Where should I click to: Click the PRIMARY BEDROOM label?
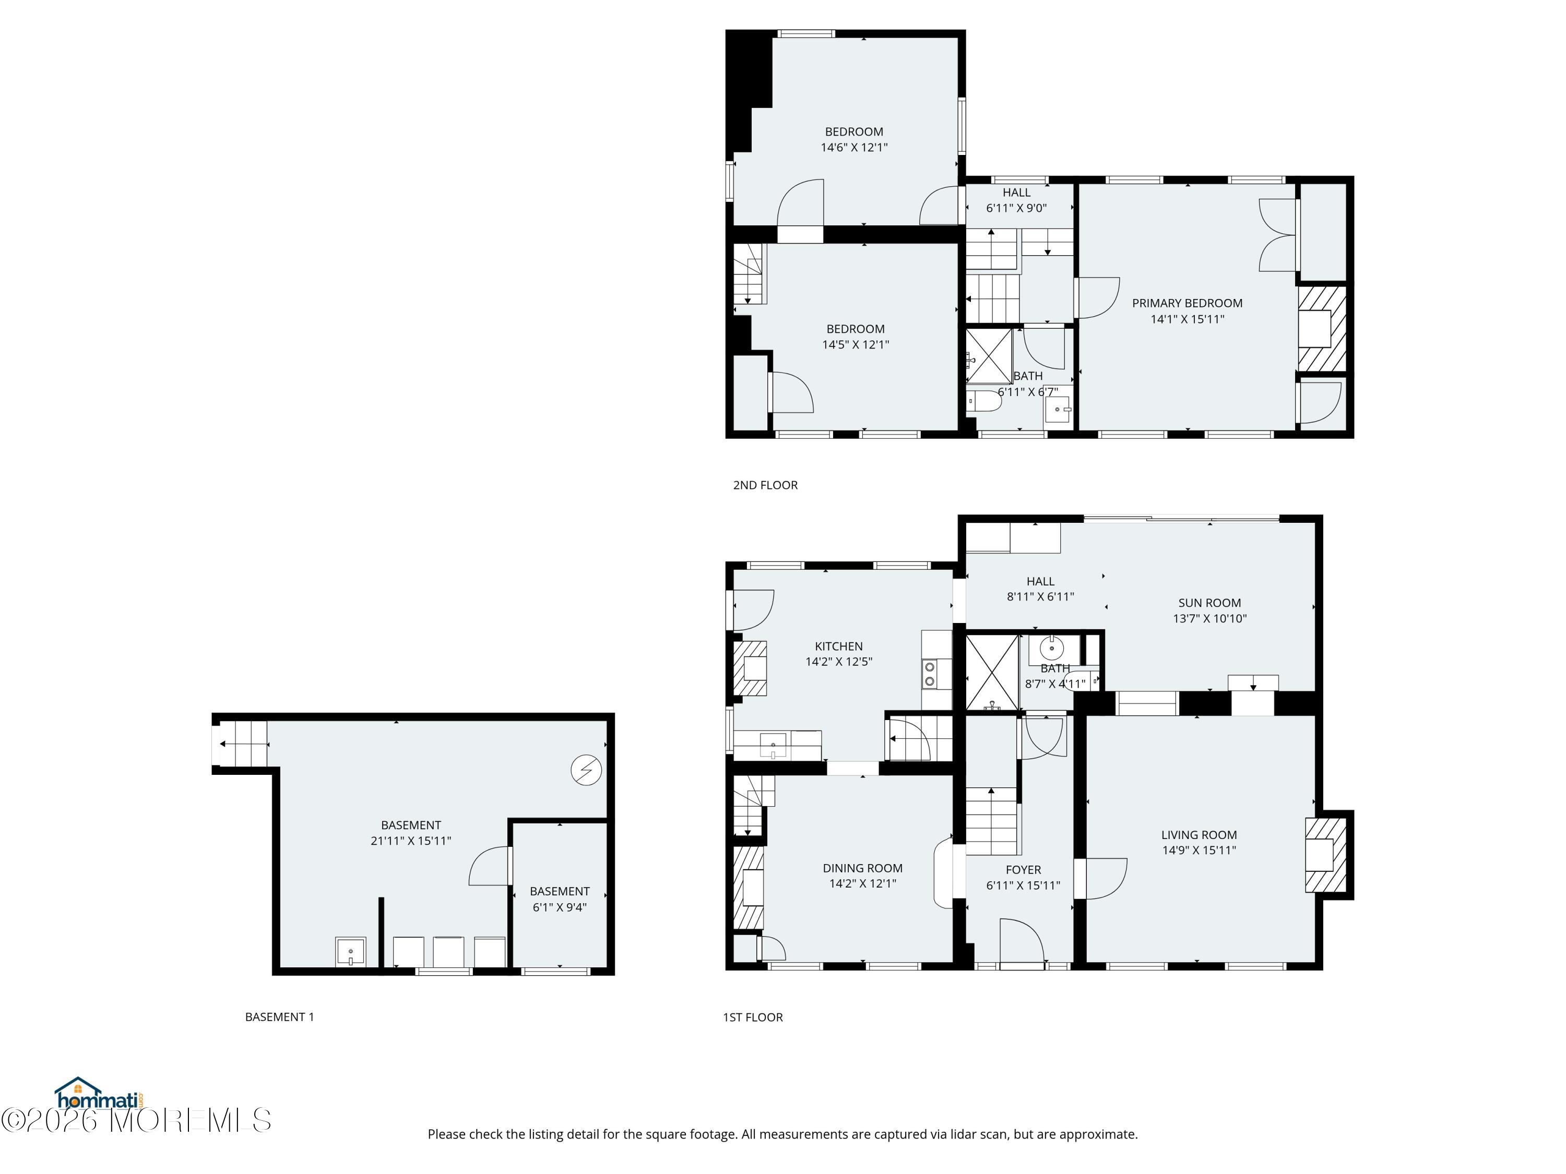pyautogui.click(x=1187, y=303)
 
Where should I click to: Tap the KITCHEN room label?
pyautogui.click(x=838, y=646)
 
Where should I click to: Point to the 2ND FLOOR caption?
pyautogui.click(x=765, y=485)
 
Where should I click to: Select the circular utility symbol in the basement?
pyautogui.click(x=586, y=770)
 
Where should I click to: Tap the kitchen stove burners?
pyautogui.click(x=929, y=674)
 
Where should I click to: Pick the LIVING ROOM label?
pyautogui.click(x=1199, y=835)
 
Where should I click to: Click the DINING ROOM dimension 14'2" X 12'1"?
pyautogui.click(x=862, y=883)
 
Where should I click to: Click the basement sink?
pyautogui.click(x=350, y=951)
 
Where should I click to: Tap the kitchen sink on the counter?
pyautogui.click(x=773, y=745)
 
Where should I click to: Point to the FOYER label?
pyautogui.click(x=1023, y=870)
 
